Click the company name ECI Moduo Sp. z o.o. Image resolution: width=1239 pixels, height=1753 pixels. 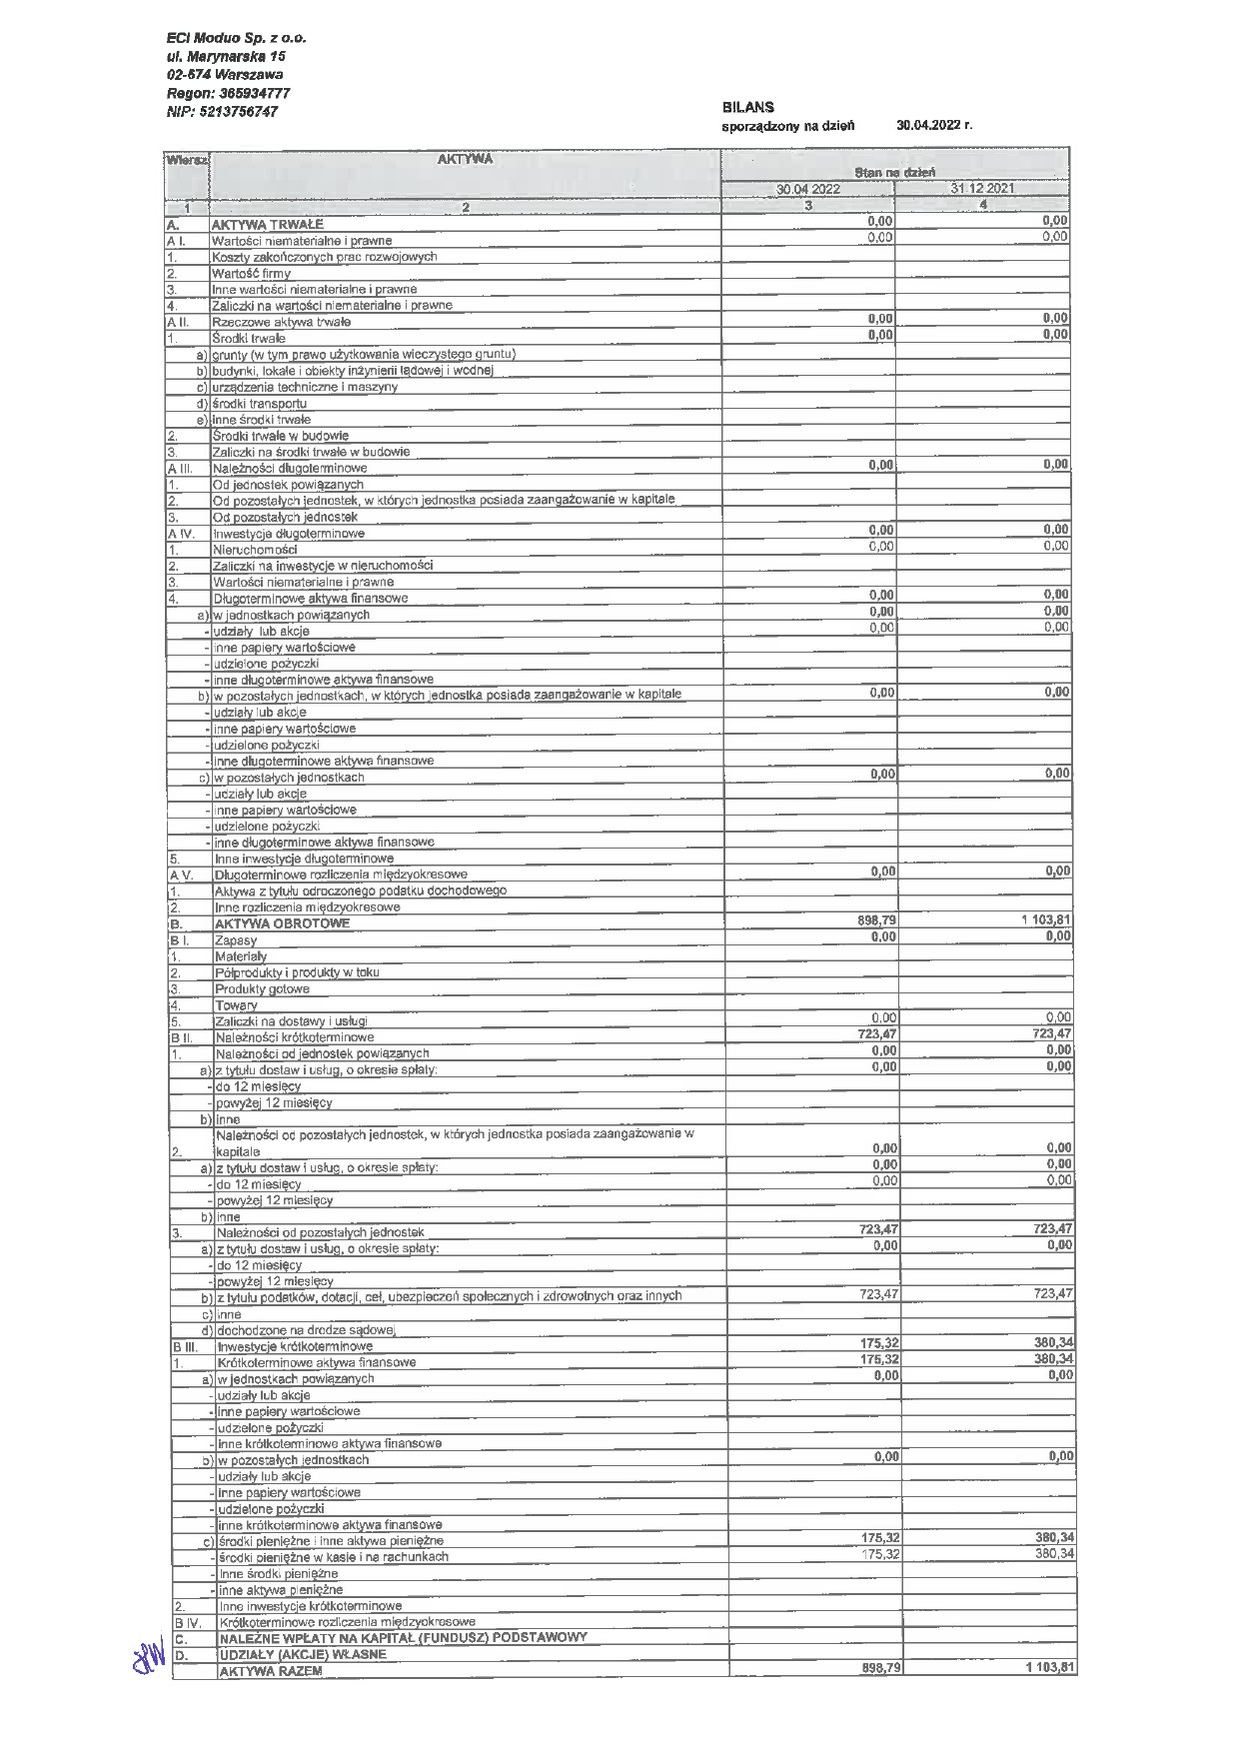click(237, 38)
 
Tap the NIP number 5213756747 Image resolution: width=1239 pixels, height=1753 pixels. click(223, 112)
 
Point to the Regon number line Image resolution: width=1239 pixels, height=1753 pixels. click(229, 93)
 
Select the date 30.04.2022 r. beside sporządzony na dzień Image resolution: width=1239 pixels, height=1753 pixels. click(933, 126)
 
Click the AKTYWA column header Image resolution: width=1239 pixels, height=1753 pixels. click(465, 159)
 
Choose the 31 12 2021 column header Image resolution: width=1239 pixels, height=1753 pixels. click(982, 189)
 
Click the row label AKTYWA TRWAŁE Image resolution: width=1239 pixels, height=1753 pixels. click(267, 224)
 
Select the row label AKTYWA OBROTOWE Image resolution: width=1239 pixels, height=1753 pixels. click(283, 923)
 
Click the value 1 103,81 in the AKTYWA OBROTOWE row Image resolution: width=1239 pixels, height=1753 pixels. click(1045, 919)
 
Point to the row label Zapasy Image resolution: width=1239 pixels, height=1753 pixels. click(236, 940)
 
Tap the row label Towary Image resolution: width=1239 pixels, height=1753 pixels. click(236, 1005)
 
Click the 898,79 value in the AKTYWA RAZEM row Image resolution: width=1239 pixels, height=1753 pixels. click(877, 1669)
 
